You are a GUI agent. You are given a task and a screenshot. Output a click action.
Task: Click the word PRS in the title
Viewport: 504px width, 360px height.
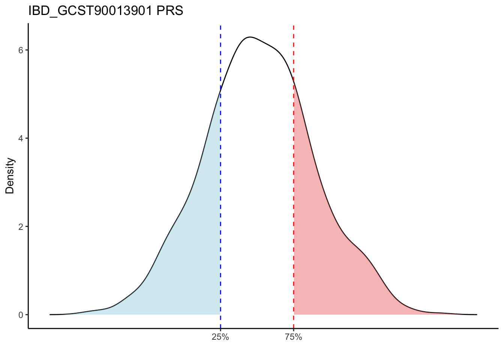[170, 11]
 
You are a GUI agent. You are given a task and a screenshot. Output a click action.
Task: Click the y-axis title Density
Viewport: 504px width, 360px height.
[10, 175]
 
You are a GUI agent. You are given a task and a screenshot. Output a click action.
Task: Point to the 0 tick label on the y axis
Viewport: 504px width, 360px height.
[21, 315]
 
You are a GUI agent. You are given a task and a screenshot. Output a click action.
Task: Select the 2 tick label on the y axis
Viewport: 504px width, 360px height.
[21, 226]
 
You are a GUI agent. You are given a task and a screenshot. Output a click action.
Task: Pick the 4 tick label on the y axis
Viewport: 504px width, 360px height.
[21, 138]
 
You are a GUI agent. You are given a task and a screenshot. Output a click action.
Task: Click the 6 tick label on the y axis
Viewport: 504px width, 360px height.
[21, 50]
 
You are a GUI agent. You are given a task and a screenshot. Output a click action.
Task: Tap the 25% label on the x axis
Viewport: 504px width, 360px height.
[220, 337]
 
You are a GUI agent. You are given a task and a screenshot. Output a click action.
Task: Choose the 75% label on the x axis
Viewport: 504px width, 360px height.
[293, 337]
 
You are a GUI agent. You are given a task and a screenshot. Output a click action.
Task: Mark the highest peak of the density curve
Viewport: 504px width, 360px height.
[250, 37]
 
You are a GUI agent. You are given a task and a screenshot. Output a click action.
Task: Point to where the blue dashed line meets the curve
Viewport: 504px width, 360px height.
[220, 91]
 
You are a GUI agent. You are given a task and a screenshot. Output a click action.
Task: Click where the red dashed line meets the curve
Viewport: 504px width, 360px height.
[294, 81]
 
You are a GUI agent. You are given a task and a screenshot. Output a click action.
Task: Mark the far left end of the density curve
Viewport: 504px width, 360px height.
[50, 314]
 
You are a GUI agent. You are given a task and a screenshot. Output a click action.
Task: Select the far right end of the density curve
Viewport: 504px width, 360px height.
[476, 314]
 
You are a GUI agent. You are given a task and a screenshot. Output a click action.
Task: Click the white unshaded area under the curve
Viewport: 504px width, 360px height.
[257, 187]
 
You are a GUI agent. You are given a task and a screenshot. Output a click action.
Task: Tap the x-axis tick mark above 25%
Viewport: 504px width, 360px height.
[220, 330]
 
